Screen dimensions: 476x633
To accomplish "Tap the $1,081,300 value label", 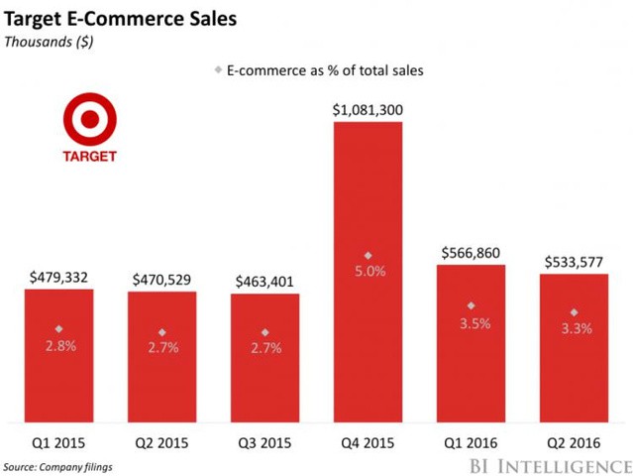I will pos(368,110).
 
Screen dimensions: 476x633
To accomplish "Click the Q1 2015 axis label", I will pos(58,444).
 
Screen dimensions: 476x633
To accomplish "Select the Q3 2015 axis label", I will pos(264,444).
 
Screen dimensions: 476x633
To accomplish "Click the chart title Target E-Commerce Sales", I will pos(120,19).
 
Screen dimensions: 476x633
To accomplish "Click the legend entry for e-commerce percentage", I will pos(319,70).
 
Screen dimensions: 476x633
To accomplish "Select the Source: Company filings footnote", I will pos(59,466).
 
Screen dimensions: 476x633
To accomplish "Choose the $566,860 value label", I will pos(471,253).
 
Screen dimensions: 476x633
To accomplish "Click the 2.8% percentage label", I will pos(58,345).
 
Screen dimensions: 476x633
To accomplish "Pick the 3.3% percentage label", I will pos(574,327).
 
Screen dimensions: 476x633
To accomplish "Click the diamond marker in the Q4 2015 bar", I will pos(368,255).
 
